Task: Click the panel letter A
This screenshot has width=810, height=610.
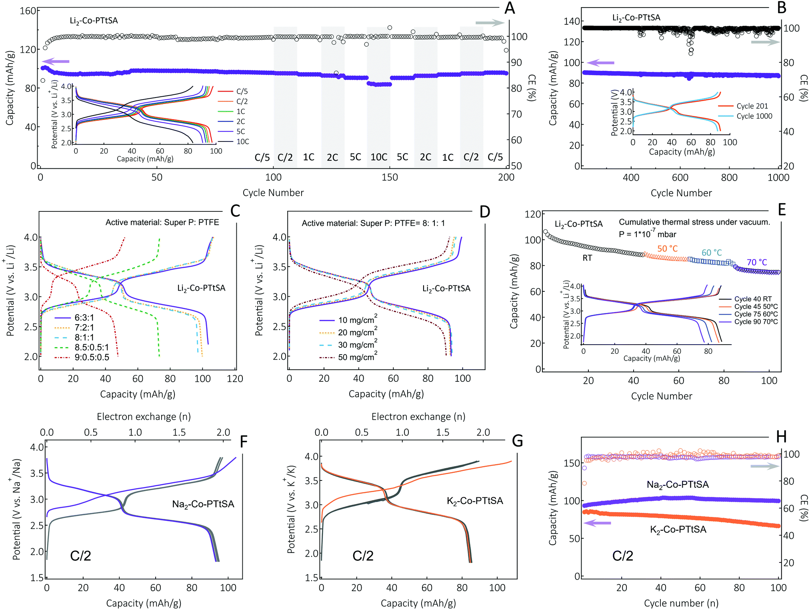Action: click(x=509, y=8)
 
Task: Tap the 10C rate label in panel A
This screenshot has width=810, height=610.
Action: click(x=379, y=157)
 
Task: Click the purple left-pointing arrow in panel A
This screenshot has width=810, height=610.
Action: click(x=56, y=61)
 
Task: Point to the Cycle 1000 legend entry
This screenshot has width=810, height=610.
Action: click(x=754, y=116)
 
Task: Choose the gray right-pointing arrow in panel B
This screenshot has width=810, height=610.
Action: click(x=765, y=42)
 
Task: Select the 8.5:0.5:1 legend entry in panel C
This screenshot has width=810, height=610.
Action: click(x=92, y=347)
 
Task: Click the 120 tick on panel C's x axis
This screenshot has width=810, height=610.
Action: click(x=235, y=379)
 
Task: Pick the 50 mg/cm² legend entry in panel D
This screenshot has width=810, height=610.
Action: click(x=358, y=357)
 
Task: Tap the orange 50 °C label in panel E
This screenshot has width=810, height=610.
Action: click(x=668, y=248)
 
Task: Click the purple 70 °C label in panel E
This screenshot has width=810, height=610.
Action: click(x=757, y=262)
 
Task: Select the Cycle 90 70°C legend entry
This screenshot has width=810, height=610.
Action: click(x=756, y=321)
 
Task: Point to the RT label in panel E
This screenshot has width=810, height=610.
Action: click(x=587, y=258)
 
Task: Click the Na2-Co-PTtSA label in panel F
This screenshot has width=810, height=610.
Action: click(x=203, y=504)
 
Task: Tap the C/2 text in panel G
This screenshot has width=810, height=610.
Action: click(x=363, y=556)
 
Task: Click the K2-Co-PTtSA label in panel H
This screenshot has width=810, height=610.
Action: click(x=678, y=530)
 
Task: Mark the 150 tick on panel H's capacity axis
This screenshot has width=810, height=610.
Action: click(x=571, y=463)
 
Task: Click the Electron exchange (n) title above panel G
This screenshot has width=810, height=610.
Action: click(x=418, y=417)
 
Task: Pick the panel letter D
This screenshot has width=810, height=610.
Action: click(x=484, y=212)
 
